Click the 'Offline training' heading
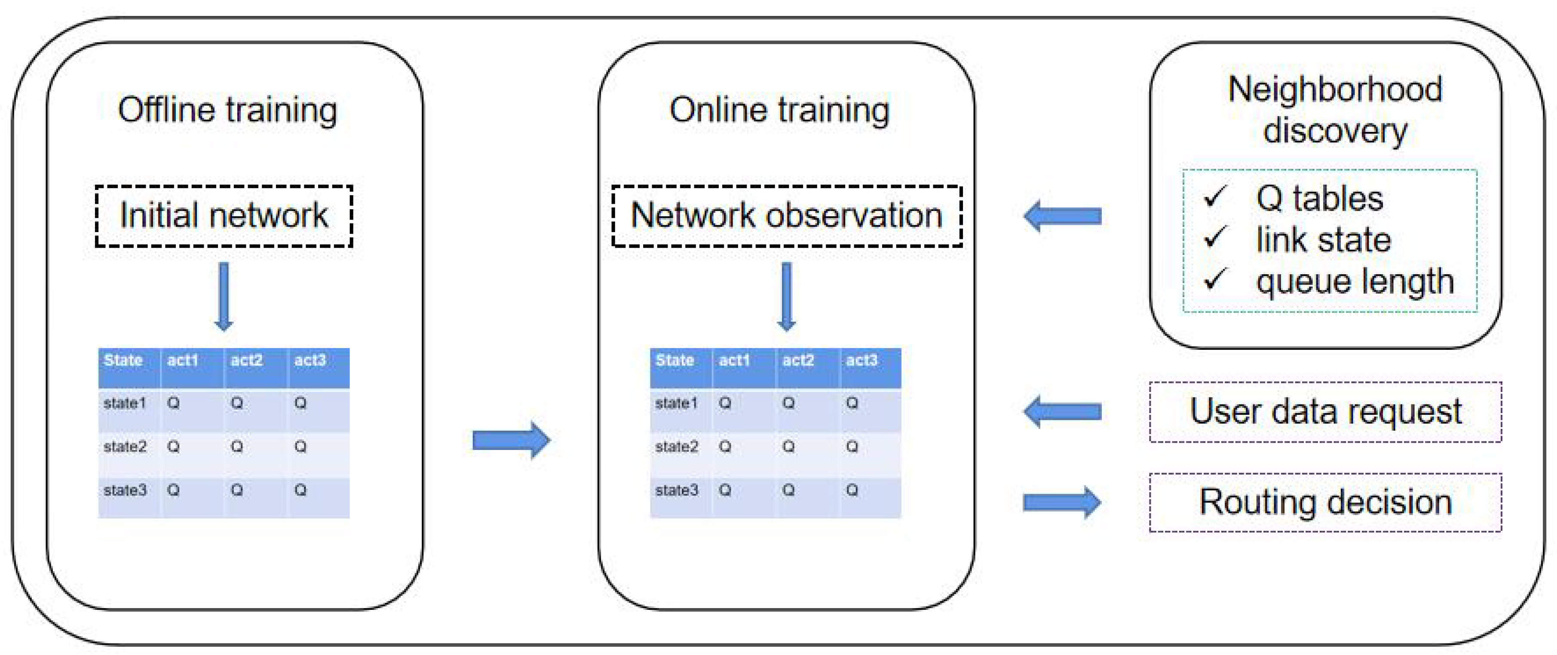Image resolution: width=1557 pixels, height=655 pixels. pos(227,110)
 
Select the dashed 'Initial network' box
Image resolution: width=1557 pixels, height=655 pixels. pos(224,216)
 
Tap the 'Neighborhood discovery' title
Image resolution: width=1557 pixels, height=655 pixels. pos(1335,109)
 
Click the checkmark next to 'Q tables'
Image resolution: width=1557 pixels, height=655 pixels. pos(1214,197)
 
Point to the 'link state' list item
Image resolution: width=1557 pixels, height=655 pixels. pos(1323,239)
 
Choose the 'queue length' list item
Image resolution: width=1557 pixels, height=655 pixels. pos(1355,281)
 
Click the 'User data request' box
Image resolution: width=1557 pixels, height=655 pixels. pos(1325,411)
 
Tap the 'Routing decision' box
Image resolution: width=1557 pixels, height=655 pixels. pos(1325,502)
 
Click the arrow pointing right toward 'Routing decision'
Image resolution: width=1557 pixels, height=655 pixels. pos(1061,502)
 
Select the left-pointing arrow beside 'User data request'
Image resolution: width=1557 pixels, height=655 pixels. pos(1061,411)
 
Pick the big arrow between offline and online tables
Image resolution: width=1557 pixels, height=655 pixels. pos(511,440)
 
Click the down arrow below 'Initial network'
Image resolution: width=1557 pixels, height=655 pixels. pos(224,296)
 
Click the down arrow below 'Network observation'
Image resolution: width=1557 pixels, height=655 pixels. pos(786,296)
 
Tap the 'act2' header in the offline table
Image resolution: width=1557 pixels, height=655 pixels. pos(247,361)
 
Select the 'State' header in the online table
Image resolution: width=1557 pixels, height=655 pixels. pos(674,361)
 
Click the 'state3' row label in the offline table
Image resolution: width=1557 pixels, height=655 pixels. pos(125,490)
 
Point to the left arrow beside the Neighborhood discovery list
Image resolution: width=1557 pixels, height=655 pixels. pos(1061,216)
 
